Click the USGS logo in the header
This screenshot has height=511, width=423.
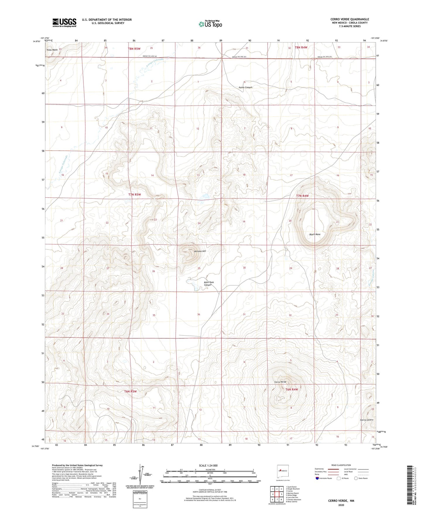[x=64, y=23]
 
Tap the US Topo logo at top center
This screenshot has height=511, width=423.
[x=210, y=24]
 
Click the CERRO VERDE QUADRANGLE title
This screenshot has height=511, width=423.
[x=350, y=19]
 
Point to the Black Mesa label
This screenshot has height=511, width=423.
[x=315, y=234]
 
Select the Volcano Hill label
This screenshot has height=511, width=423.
[x=200, y=251]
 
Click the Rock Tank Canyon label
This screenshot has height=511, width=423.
[x=208, y=284]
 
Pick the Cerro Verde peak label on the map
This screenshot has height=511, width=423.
[x=280, y=382]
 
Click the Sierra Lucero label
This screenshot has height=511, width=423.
[x=367, y=420]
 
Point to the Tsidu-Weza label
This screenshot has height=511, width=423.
[x=52, y=50]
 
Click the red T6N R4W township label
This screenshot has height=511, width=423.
[x=292, y=390]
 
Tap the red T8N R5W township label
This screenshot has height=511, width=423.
[x=134, y=49]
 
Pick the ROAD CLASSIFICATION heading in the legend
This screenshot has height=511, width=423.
[x=341, y=465]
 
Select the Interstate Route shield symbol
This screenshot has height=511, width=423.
[x=317, y=478]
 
